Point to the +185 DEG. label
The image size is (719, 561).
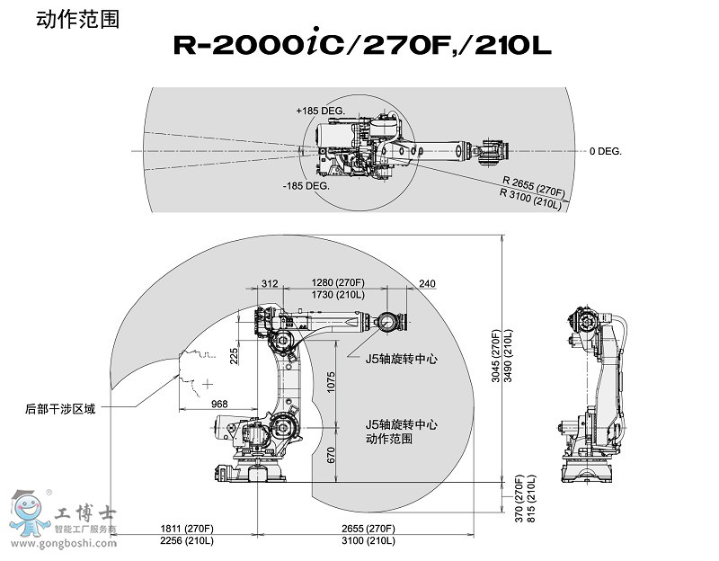coord(320,110)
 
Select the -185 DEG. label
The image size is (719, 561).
coord(306,186)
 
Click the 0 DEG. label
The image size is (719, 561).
coord(606,151)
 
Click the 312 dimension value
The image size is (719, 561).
coord(270,283)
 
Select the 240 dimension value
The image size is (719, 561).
coord(427,283)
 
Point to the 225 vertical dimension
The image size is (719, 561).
coord(234,357)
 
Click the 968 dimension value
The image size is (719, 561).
coord(219,405)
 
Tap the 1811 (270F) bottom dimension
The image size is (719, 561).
coord(188,528)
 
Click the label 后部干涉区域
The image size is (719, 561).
coord(60,408)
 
